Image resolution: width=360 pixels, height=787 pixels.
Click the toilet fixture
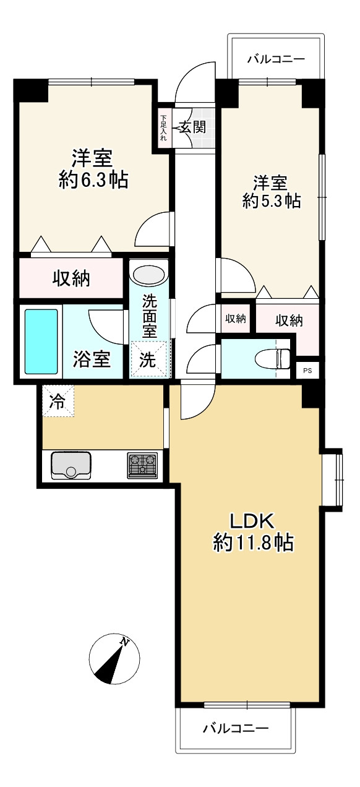click(x=273, y=359)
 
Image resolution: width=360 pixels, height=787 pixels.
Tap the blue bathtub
click(x=41, y=342)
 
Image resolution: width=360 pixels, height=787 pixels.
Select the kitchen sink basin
click(x=71, y=465)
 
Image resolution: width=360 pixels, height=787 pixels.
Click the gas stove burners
click(x=142, y=465)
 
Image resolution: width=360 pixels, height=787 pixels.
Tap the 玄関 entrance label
click(x=192, y=126)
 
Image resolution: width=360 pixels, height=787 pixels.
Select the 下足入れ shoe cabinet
click(x=163, y=128)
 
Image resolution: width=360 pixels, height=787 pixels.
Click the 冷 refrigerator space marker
click(x=58, y=401)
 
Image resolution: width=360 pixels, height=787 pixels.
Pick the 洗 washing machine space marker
click(x=148, y=359)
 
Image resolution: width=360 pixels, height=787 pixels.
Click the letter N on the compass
click(x=124, y=641)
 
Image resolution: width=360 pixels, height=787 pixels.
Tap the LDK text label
click(x=252, y=522)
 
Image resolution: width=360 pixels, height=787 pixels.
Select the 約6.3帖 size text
click(x=93, y=180)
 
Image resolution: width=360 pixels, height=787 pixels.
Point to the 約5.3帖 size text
click(x=272, y=201)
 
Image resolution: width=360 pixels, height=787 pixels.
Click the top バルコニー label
click(x=276, y=59)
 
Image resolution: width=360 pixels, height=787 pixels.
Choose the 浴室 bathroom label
click(x=92, y=359)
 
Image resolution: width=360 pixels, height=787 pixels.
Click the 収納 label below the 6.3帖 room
click(x=71, y=278)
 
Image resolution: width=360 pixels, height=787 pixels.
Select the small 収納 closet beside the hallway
click(x=236, y=318)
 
